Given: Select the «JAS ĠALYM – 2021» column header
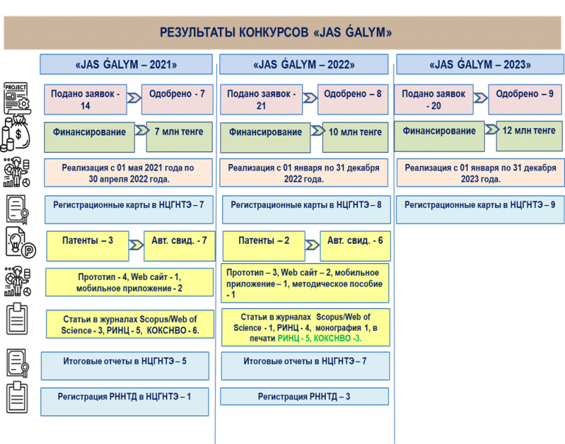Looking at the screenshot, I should click(x=126, y=65).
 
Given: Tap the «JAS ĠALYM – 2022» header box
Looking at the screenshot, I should click(x=304, y=65).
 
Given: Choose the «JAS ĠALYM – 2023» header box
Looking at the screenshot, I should click(x=480, y=65).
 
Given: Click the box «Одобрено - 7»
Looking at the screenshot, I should click(x=177, y=95).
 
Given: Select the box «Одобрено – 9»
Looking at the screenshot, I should click(x=524, y=95).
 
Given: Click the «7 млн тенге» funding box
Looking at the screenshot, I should click(x=179, y=133).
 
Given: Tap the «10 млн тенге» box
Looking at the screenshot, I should click(x=355, y=133).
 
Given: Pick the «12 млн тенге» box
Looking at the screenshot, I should click(x=528, y=132).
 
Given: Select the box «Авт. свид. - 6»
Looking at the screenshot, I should click(x=355, y=241).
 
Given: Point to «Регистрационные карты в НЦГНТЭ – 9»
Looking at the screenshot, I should click(x=479, y=205).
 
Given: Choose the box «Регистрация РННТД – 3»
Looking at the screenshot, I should click(x=304, y=397).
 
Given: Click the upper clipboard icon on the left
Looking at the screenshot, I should click(x=17, y=318).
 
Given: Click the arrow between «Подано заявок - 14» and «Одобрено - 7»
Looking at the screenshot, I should click(x=135, y=97).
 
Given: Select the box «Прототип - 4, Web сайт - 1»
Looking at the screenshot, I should click(x=129, y=282).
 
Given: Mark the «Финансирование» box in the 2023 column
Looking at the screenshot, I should click(x=439, y=132).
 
